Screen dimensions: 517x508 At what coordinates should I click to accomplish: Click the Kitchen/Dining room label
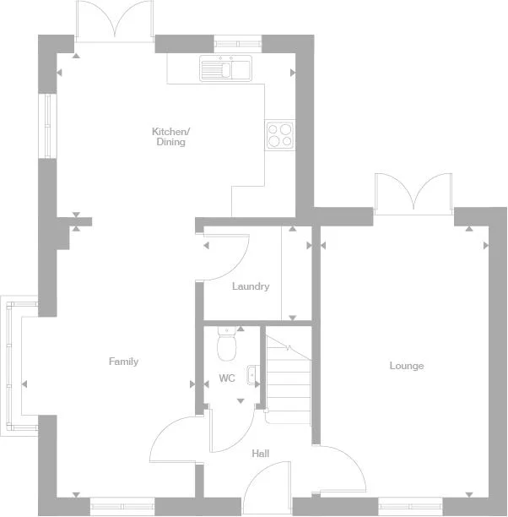[x=170, y=137]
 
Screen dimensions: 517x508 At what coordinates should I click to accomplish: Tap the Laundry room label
[x=251, y=286]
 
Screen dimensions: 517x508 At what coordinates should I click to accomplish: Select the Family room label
[x=123, y=362]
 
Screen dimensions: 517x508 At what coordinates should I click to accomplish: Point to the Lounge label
[x=407, y=366]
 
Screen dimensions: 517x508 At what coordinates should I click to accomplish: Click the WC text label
[x=227, y=378]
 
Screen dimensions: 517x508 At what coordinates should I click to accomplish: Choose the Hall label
[x=261, y=454]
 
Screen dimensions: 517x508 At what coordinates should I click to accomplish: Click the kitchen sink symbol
[x=225, y=68]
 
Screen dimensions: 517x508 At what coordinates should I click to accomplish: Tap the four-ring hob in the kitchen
[x=279, y=134]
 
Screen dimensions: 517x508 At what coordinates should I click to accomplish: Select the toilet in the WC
[x=226, y=345]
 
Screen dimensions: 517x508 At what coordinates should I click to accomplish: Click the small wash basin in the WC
[x=252, y=374]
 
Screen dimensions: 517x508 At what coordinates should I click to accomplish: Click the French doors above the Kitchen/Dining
[x=115, y=21]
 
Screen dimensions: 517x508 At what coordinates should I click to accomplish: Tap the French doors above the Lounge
[x=413, y=193]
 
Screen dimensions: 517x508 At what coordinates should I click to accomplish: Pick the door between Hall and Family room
[x=175, y=439]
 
